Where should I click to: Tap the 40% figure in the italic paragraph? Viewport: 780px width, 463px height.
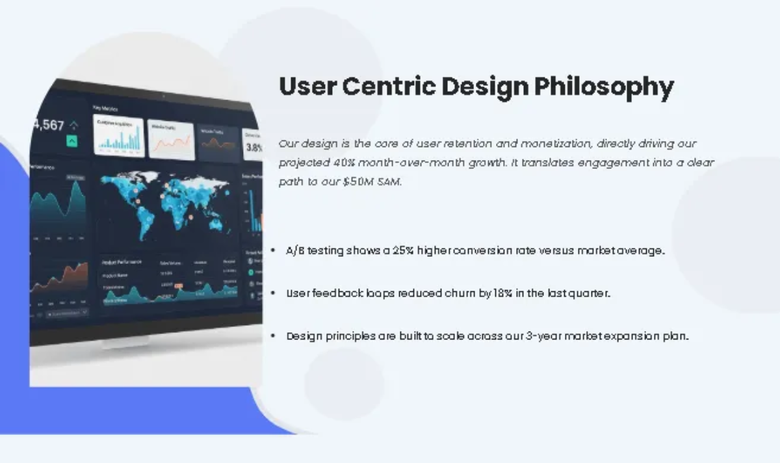pos(335,163)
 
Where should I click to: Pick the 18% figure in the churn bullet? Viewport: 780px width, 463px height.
pos(502,293)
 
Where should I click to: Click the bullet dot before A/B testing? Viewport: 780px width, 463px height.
pos(274,250)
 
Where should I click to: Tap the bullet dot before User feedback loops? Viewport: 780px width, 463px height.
pos(274,293)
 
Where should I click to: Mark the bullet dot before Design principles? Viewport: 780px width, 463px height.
pos(274,336)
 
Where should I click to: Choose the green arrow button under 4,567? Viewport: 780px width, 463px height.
pos(71,141)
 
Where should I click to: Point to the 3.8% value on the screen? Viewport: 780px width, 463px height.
pos(254,148)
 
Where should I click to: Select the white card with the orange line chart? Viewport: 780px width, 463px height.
pos(171,140)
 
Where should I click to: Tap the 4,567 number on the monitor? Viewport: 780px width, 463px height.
pos(49,125)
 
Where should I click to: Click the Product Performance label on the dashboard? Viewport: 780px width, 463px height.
pos(122,262)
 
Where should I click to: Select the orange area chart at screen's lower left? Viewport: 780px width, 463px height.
pos(58,280)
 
